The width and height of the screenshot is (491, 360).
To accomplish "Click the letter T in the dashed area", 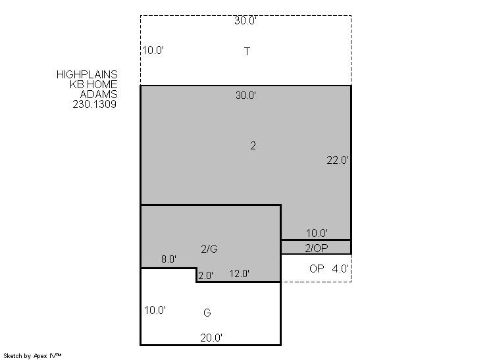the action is (247, 51).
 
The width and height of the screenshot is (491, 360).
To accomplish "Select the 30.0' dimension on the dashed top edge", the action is (245, 20).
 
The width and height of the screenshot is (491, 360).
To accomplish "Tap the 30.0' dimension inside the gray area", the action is (245, 95).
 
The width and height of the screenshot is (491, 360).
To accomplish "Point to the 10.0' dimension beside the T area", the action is (153, 50).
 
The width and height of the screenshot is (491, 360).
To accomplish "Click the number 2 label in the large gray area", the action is (253, 145).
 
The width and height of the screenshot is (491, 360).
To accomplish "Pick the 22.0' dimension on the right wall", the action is (338, 161).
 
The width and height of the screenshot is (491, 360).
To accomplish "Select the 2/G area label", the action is (209, 249).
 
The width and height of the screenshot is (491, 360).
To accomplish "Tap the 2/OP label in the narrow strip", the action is (317, 248).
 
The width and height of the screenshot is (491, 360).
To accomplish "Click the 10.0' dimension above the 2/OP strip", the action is (317, 233).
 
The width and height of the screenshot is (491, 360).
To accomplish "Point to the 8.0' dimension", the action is (168, 259).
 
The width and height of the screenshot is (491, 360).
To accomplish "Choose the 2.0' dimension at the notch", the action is (206, 276).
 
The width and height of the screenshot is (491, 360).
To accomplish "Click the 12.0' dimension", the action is (239, 274).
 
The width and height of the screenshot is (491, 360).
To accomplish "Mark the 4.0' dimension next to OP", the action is (340, 269).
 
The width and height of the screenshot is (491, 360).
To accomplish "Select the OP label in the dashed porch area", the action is (317, 269).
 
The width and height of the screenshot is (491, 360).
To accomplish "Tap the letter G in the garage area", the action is (207, 313).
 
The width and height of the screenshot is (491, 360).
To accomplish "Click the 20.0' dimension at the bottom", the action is (211, 338).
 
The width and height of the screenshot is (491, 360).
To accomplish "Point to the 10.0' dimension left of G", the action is (155, 310).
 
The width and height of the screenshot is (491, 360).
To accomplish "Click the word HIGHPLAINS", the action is (87, 74).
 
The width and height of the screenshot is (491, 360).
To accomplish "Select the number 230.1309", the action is (95, 104).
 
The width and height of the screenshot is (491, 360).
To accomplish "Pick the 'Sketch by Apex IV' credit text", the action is (32, 356).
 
